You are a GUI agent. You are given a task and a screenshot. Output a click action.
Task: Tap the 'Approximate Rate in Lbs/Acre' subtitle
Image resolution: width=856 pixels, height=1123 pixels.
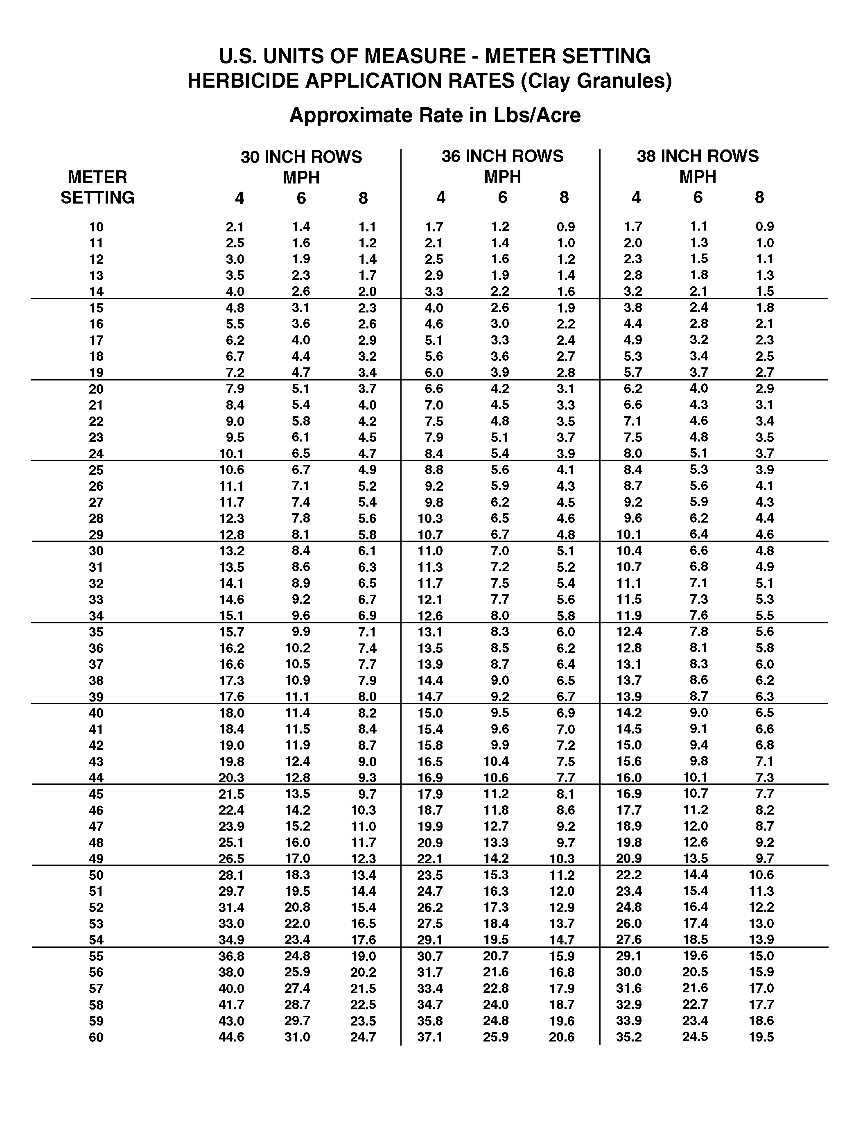click(435, 115)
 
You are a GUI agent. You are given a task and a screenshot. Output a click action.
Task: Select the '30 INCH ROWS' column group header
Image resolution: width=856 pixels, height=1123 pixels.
click(301, 157)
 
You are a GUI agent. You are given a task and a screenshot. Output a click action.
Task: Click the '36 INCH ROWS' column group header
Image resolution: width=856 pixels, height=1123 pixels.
click(502, 156)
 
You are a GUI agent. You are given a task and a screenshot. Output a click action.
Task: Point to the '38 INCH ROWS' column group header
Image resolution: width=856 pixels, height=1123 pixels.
click(698, 156)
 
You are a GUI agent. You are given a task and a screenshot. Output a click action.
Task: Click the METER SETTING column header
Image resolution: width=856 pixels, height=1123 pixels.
click(97, 187)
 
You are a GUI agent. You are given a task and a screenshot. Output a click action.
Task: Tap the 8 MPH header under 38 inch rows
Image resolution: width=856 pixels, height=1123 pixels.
click(759, 197)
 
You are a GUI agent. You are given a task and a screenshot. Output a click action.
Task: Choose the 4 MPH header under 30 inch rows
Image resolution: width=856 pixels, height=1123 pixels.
click(239, 198)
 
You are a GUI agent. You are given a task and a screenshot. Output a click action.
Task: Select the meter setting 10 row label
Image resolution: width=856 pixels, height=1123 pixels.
click(96, 227)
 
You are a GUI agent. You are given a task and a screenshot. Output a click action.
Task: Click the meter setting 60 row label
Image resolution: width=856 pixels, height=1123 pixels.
click(96, 1037)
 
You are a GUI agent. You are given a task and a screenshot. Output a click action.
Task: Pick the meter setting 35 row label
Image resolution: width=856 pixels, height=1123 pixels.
click(96, 632)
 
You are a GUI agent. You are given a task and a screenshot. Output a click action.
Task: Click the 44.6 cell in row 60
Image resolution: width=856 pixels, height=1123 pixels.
click(231, 1037)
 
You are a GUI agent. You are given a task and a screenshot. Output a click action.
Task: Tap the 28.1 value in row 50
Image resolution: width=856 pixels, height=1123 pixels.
click(231, 875)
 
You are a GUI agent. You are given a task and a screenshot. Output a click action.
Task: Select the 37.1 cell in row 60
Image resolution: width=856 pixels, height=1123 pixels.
click(429, 1037)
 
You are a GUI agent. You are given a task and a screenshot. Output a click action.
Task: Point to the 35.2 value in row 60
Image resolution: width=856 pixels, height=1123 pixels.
click(629, 1037)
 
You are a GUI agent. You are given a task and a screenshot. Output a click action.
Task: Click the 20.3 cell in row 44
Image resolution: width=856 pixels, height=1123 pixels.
click(231, 778)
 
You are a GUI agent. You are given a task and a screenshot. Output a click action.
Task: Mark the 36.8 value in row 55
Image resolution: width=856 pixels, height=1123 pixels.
click(231, 956)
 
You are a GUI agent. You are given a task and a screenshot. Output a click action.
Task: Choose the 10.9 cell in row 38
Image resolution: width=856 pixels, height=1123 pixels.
click(297, 681)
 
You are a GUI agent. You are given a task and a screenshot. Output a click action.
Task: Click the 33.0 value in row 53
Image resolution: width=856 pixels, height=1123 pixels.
click(231, 924)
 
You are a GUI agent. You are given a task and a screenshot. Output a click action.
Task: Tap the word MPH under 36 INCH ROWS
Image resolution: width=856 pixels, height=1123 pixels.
click(502, 177)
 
